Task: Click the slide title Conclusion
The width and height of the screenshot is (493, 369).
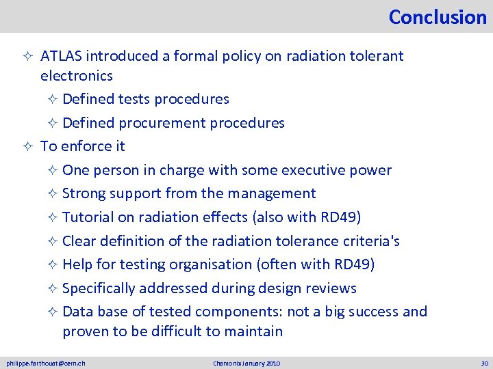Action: coord(437,16)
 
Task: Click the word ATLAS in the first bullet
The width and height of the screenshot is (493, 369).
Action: coord(61,56)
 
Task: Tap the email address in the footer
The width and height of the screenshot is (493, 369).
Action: coord(46,363)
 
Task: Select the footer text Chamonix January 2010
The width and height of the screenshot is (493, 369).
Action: coord(246,363)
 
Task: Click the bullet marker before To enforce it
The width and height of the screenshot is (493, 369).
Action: coord(30,146)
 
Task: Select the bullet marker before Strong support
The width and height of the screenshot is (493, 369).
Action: coord(52,194)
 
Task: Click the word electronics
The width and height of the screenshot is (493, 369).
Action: coord(76,75)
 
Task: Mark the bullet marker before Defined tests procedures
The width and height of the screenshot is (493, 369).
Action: coord(52,99)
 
